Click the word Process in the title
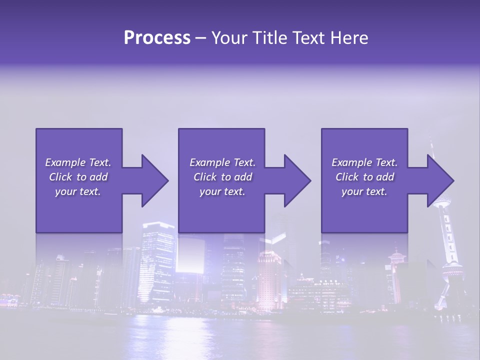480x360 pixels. pos(157,38)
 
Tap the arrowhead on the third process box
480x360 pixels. pos(439,180)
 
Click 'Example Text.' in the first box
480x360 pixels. pos(78,162)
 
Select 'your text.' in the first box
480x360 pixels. pos(78,191)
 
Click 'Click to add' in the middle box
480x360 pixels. pos(222,177)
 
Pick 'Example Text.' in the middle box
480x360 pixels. pos(222,162)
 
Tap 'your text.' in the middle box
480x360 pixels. pos(222,191)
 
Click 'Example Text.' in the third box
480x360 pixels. pos(364,162)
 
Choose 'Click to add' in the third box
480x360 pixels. pos(364,177)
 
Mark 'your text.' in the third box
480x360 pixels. pos(364,191)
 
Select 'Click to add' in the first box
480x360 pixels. pos(78,177)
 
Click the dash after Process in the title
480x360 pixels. pos(200,38)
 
